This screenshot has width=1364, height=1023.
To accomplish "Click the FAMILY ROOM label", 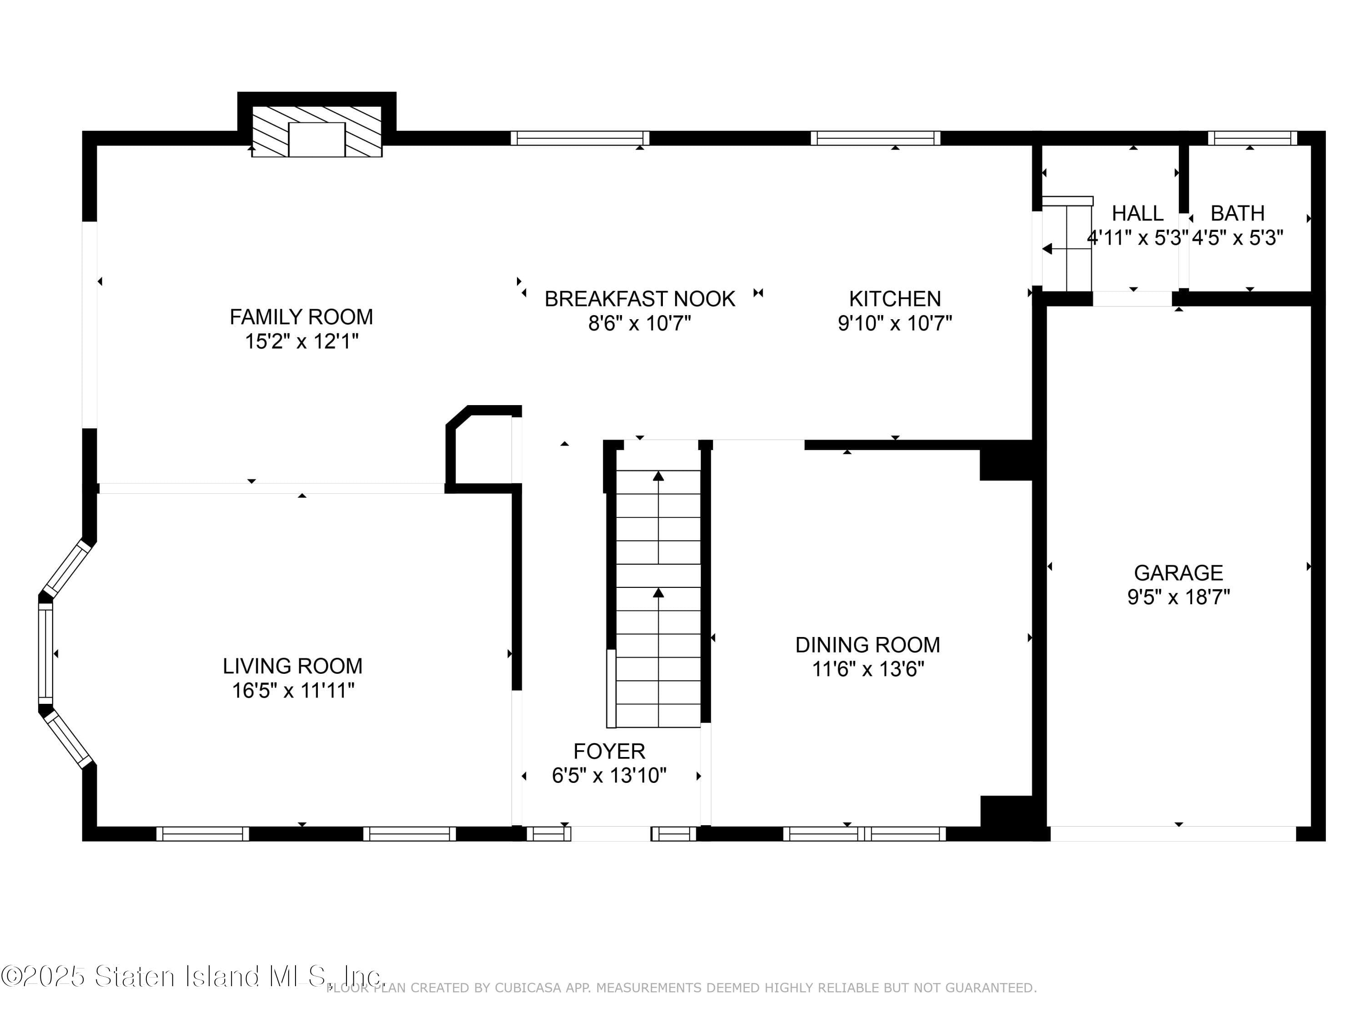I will pos(301,317).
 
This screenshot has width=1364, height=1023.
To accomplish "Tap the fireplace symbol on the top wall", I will pos(316,140).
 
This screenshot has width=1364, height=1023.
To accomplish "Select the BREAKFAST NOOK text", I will pos(639,299).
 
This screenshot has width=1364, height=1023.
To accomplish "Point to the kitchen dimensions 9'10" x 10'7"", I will pos(894,323).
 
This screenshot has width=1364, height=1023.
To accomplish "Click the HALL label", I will pos(1137,213).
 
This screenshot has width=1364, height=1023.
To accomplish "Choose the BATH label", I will pos(1237,213).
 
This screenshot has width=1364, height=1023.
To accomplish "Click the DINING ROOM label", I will pos(867,645).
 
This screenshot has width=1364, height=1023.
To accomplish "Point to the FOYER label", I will pos(609,751).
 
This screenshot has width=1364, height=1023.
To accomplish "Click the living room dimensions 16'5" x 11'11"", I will pos(293,690).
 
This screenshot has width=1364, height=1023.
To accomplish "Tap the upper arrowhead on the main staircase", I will pos(658,476).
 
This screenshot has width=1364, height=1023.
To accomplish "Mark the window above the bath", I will pos(1252,138).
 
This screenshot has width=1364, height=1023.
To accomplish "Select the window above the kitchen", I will pos(875,138).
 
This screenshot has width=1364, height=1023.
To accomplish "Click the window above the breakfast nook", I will pos(580,138).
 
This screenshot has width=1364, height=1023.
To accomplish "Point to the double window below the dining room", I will pos(864,834).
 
